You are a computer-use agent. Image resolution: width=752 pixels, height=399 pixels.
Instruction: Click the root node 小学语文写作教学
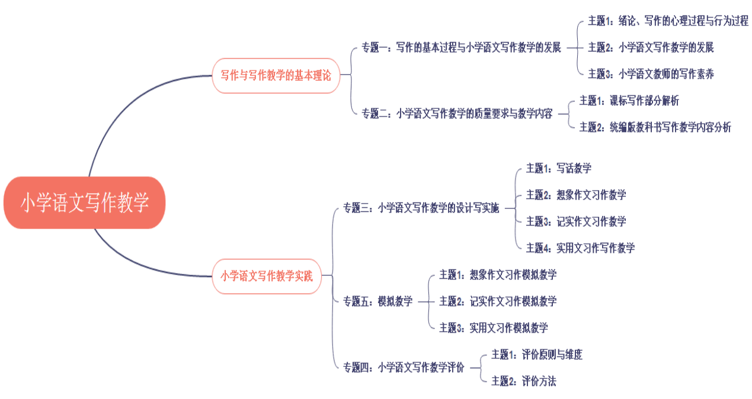coord(84,202)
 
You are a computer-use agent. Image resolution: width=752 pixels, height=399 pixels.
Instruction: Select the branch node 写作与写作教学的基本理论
coord(276,75)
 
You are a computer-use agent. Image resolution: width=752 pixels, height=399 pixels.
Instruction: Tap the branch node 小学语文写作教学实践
coord(267,276)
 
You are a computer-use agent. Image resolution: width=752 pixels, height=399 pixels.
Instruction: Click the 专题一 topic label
coord(461,47)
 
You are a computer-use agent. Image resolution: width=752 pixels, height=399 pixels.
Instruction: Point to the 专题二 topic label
coord(457,114)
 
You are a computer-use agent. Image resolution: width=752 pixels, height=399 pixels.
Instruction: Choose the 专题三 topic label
coord(421,208)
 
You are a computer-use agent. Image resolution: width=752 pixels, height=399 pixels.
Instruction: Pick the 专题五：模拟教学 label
coord(377,301)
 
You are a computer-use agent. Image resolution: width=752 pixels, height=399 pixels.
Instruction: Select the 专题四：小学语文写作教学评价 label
coord(404,368)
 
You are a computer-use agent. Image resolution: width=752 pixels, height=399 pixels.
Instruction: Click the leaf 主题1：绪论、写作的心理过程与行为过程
coord(668,21)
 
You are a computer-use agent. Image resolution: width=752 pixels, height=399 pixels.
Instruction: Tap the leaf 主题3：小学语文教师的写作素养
coord(651,74)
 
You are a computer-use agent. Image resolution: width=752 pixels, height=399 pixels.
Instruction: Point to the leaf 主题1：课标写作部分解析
coord(629,100)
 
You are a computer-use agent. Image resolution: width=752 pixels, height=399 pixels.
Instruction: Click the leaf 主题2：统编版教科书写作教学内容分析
coord(655,127)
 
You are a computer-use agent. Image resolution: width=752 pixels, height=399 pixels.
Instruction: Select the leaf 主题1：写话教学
coord(559,168)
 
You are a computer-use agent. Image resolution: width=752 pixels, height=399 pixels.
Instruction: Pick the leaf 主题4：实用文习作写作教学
coord(581,248)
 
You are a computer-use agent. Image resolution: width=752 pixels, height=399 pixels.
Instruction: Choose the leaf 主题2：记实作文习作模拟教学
coord(498,301)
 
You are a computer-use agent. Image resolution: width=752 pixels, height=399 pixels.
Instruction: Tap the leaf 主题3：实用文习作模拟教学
coord(494,327)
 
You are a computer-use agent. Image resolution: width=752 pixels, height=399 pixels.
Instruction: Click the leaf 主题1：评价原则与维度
coord(537,355)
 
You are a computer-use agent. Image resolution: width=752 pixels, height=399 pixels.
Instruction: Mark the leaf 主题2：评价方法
coord(524,381)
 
